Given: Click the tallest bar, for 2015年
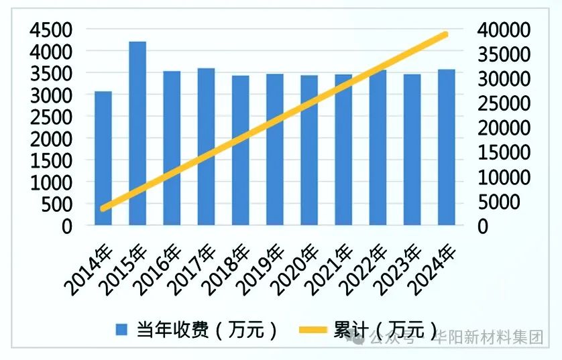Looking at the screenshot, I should tap(137, 133).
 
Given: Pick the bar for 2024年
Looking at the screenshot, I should tap(446, 147).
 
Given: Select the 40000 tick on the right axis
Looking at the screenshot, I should tap(502, 30).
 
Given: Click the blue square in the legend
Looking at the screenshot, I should tap(121, 330).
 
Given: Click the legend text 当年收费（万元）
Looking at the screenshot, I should tap(207, 330).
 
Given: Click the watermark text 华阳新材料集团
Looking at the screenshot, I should tap(490, 337).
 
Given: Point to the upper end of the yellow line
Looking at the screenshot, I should tap(445, 34).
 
